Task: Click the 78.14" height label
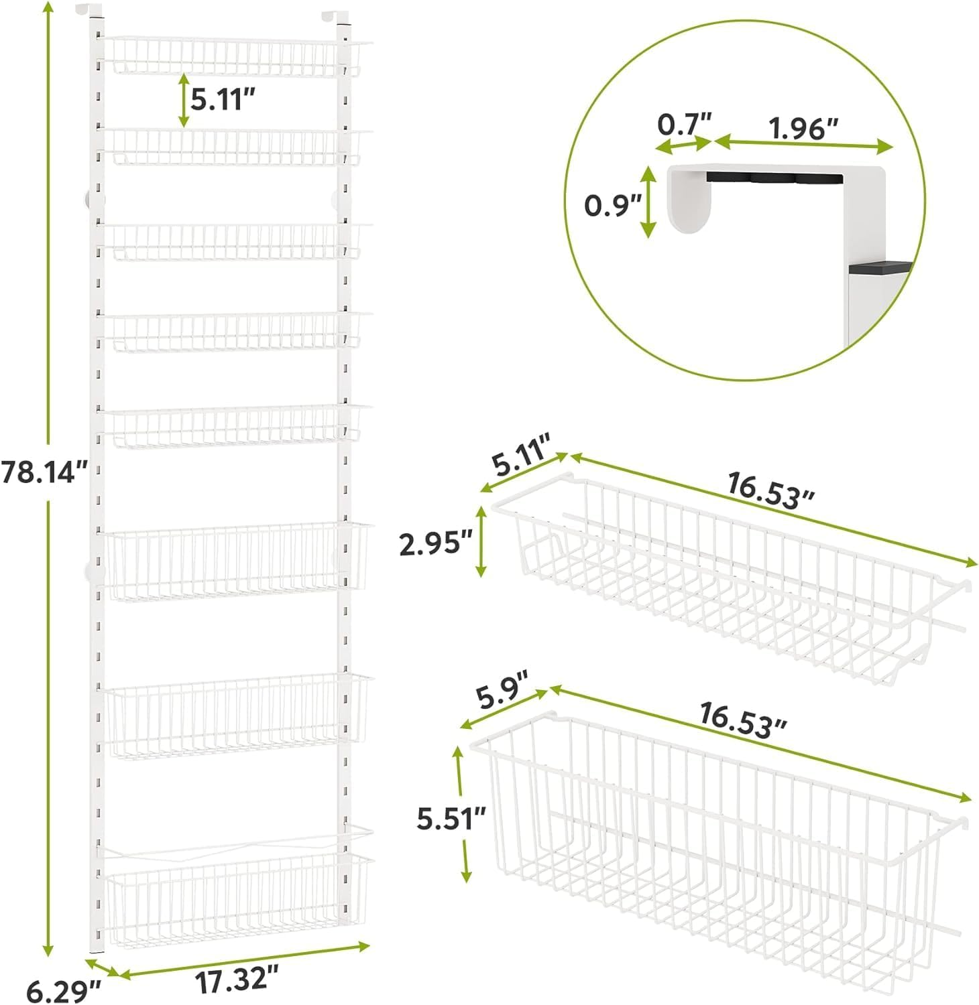pyautogui.click(x=44, y=472)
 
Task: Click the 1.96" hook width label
pyautogui.click(x=804, y=128)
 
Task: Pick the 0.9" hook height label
pyautogui.click(x=613, y=204)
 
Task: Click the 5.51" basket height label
pyautogui.click(x=451, y=819)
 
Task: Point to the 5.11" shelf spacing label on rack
pyautogui.click(x=223, y=100)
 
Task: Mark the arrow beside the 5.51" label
pyautogui.click(x=463, y=813)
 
